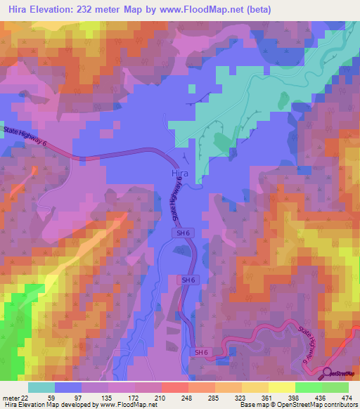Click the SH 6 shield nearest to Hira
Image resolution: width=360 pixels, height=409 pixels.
coord(179,231)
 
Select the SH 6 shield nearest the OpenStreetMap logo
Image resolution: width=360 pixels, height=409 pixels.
coord(202,351)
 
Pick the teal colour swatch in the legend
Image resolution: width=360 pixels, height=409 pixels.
coord(41,387)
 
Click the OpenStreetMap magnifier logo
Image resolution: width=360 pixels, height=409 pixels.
coord(328,372)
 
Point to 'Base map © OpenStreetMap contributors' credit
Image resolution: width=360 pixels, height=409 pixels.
coord(297,405)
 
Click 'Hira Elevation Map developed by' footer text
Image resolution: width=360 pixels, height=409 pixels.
coord(47,405)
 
